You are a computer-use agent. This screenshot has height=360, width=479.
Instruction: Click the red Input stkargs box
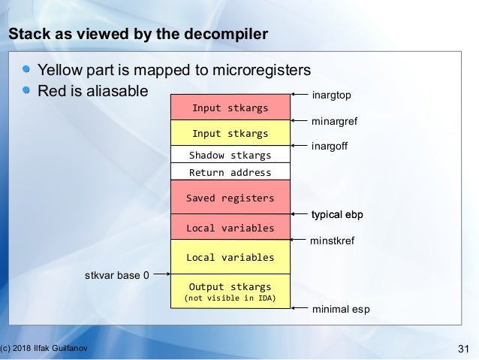pos(230,107)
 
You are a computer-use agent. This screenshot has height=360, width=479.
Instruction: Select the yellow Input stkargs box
pos(230,134)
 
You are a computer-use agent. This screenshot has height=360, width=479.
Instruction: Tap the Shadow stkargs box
pos(230,156)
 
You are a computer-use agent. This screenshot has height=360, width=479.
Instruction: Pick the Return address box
pos(230,173)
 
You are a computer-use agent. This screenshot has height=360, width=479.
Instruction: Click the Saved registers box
pos(230,198)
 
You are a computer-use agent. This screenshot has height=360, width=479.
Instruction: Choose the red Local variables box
pos(230,227)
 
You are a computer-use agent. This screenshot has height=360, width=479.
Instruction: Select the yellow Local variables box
pos(230,257)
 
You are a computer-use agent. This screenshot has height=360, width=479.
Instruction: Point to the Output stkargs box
pos(230,292)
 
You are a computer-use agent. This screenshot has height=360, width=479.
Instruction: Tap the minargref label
pos(336,120)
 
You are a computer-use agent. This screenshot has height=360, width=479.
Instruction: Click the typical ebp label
pos(337,215)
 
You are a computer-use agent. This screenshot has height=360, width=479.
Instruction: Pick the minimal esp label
pos(340,309)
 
